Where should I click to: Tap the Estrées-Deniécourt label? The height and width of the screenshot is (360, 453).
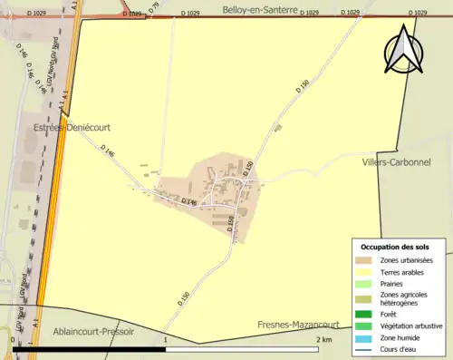pos(72,128)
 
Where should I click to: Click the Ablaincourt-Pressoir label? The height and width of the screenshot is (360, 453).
pos(93,332)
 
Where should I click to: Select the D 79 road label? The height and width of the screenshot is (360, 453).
pos(154,9)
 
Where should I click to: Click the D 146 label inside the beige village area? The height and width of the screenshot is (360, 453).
pos(189,201)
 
